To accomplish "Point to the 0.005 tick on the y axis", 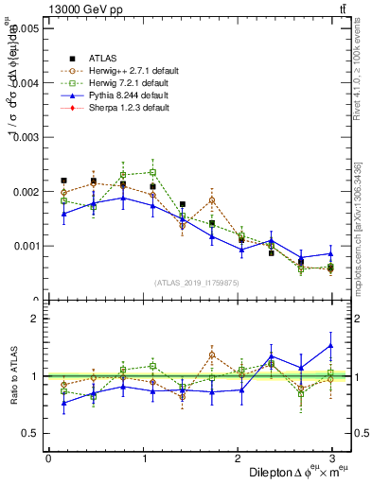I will [x=27, y=29].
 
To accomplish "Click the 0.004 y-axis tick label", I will [x=27, y=83].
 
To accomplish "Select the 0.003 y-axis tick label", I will [x=27, y=137].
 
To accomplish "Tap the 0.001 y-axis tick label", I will [x=27, y=246].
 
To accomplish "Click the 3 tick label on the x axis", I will [x=331, y=458].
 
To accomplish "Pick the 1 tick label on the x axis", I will [x=143, y=458].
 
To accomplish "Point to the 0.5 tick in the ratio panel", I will [x=30, y=433].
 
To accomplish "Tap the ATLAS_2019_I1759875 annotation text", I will [x=197, y=282].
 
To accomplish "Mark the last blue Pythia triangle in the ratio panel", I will [x=331, y=345].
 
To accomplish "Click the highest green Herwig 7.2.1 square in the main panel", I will [x=152, y=172].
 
